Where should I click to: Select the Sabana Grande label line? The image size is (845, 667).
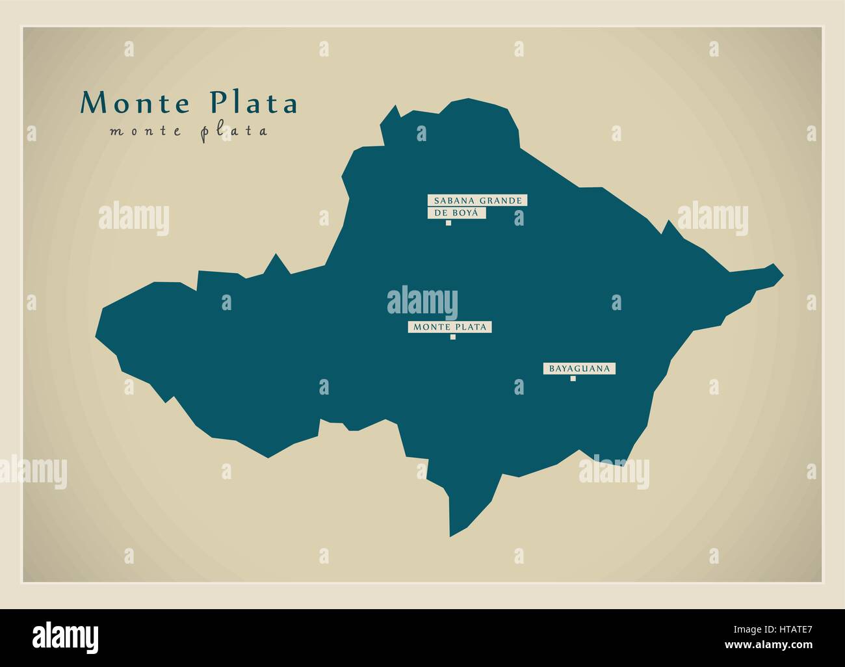(x=476, y=200)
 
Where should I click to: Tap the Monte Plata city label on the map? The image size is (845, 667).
(x=449, y=327)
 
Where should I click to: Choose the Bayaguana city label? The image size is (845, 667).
(x=579, y=369)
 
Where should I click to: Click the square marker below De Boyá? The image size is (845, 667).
(x=448, y=223)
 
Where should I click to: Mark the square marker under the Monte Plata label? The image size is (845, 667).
(x=452, y=337)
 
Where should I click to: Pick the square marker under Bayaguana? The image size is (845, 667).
(x=573, y=378)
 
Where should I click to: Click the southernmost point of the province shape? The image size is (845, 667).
(x=450, y=536)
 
